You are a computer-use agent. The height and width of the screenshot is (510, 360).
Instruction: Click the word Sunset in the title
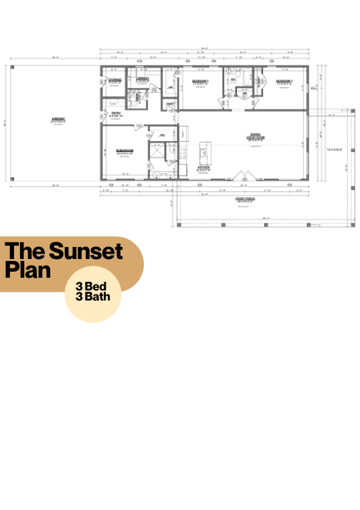86,252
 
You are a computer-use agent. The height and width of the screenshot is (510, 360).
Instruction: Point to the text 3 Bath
93,296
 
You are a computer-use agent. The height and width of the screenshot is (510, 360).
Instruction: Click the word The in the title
24,252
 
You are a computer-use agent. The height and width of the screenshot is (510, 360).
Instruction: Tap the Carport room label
57,120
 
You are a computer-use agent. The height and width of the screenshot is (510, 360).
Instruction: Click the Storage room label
114,80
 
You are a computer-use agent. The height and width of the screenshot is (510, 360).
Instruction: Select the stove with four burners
182,153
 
